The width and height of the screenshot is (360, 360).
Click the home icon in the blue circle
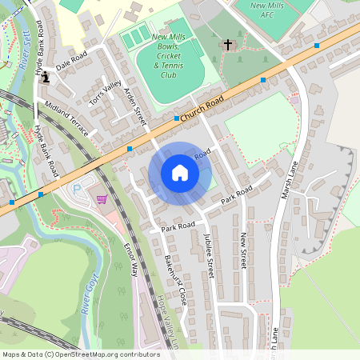coord(180,173)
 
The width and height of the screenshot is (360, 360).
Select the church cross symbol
coord(227,45)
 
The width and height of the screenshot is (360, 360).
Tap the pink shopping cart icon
coord(102,198)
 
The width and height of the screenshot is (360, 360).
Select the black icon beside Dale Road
coord(45,77)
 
